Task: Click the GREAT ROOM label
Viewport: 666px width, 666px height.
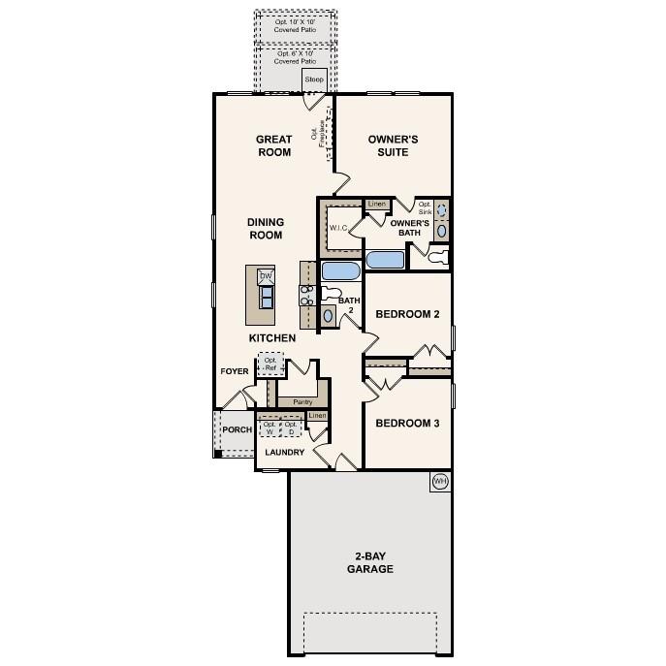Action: click(273, 145)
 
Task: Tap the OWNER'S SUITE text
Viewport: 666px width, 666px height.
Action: click(393, 145)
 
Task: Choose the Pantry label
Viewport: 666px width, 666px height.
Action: click(301, 401)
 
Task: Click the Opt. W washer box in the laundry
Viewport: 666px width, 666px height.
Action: click(270, 428)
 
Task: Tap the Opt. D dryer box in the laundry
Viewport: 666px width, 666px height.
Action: click(291, 428)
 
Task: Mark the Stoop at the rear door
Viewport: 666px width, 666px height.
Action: click(313, 79)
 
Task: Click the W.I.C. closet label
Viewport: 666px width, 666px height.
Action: click(338, 228)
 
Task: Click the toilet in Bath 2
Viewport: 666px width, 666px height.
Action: click(331, 291)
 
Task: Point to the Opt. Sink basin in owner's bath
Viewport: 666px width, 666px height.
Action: click(442, 209)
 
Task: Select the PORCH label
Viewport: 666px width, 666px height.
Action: click(237, 429)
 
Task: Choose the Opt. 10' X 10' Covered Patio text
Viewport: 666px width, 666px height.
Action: click(295, 25)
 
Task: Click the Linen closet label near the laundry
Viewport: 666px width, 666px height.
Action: click(317, 415)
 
